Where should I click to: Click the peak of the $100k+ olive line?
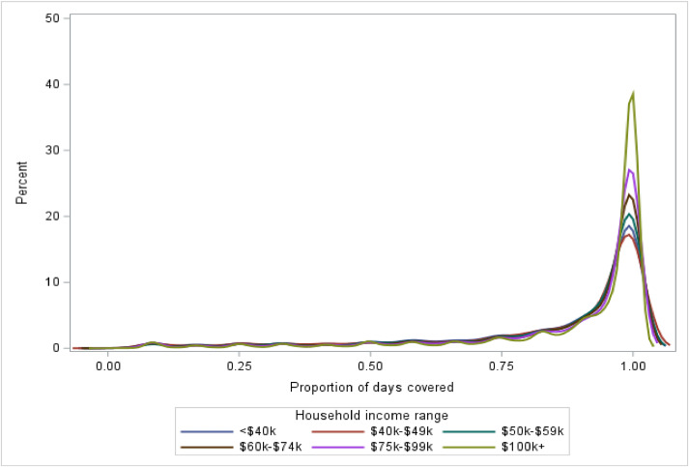[633, 94]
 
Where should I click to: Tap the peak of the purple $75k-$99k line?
[630, 170]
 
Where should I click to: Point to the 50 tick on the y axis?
[57, 18]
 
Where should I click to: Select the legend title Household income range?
[370, 415]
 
